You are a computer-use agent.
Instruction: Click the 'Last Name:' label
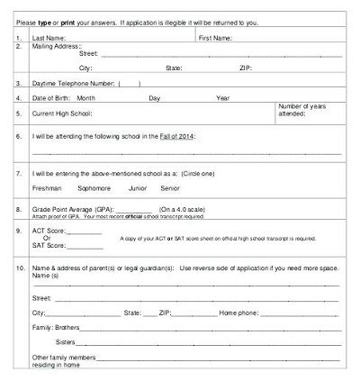point(48,39)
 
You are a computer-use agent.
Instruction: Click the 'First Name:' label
point(215,39)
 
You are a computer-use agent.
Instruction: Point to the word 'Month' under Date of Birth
point(86,97)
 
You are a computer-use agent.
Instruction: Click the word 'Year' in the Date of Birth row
point(222,97)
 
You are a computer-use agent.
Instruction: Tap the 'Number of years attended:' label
point(306,111)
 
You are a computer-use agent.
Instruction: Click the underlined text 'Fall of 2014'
point(178,134)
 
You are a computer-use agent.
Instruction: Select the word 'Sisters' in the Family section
point(66,342)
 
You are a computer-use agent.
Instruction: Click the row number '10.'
point(19,268)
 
